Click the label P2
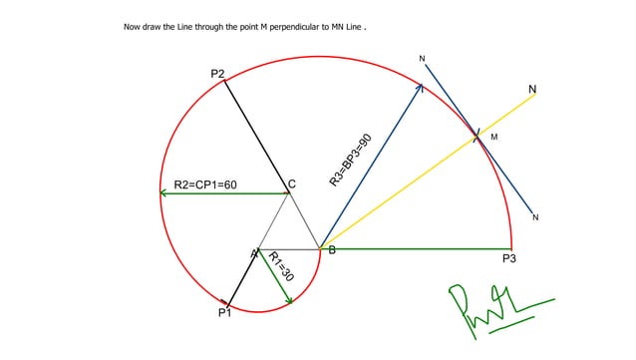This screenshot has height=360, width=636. click(217, 74)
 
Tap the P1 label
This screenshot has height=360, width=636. click(224, 313)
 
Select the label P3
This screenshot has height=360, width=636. click(508, 258)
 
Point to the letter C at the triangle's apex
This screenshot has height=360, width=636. click(292, 183)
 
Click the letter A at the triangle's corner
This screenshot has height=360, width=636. click(254, 253)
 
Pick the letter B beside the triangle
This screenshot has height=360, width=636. click(332, 250)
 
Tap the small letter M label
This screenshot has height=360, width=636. click(493, 137)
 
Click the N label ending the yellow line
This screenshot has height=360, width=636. click(532, 90)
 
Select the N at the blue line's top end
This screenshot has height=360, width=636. click(422, 60)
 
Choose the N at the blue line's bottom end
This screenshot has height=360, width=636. click(535, 217)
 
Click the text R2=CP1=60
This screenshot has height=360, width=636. click(205, 184)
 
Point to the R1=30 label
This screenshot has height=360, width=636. click(282, 266)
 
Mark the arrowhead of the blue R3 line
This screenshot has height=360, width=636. click(420, 88)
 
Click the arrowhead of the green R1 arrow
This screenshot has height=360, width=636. click(290, 300)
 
